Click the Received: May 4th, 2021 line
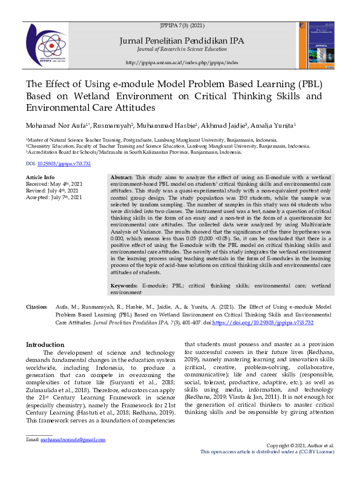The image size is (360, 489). tap(54, 184)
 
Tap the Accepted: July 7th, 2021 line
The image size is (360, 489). tap(54, 197)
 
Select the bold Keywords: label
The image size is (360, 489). tap(126, 285)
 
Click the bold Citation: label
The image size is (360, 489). tap(37, 308)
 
